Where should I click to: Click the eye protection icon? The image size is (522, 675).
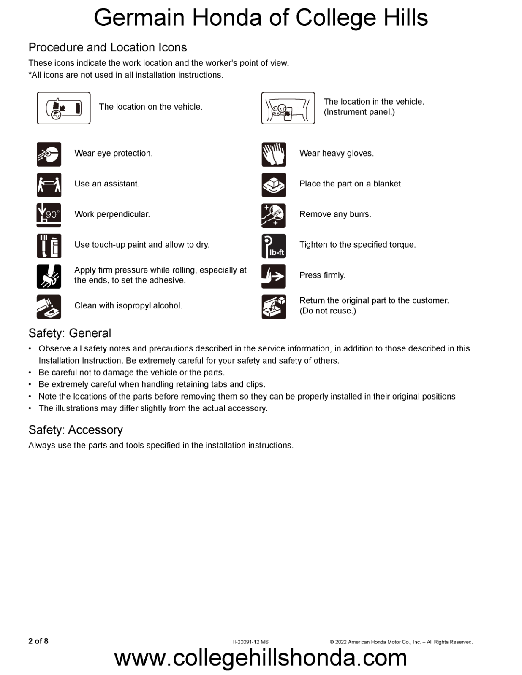49,154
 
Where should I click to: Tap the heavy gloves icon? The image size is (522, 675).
274,154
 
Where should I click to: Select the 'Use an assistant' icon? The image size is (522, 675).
49,185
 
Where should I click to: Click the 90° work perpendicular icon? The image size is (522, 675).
49,215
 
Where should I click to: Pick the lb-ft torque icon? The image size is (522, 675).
274,246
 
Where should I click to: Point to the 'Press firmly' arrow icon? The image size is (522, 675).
274,276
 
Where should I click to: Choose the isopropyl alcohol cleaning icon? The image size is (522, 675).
49,307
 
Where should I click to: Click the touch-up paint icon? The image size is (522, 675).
49,246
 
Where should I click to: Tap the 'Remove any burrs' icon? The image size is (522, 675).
274,215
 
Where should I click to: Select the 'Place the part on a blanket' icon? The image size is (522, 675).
274,185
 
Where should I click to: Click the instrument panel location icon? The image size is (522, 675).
288,108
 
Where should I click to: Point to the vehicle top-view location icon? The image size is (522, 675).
64,108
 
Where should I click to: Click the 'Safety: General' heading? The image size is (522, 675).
70,333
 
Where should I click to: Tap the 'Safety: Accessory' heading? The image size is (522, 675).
76,430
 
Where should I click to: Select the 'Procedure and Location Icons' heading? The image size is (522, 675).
108,47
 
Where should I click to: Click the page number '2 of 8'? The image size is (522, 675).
38,641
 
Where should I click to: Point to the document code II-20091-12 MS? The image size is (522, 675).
251,642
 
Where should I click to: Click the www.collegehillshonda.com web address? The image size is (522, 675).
261,658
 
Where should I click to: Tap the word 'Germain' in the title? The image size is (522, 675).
139,18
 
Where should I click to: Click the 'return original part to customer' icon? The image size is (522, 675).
274,307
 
